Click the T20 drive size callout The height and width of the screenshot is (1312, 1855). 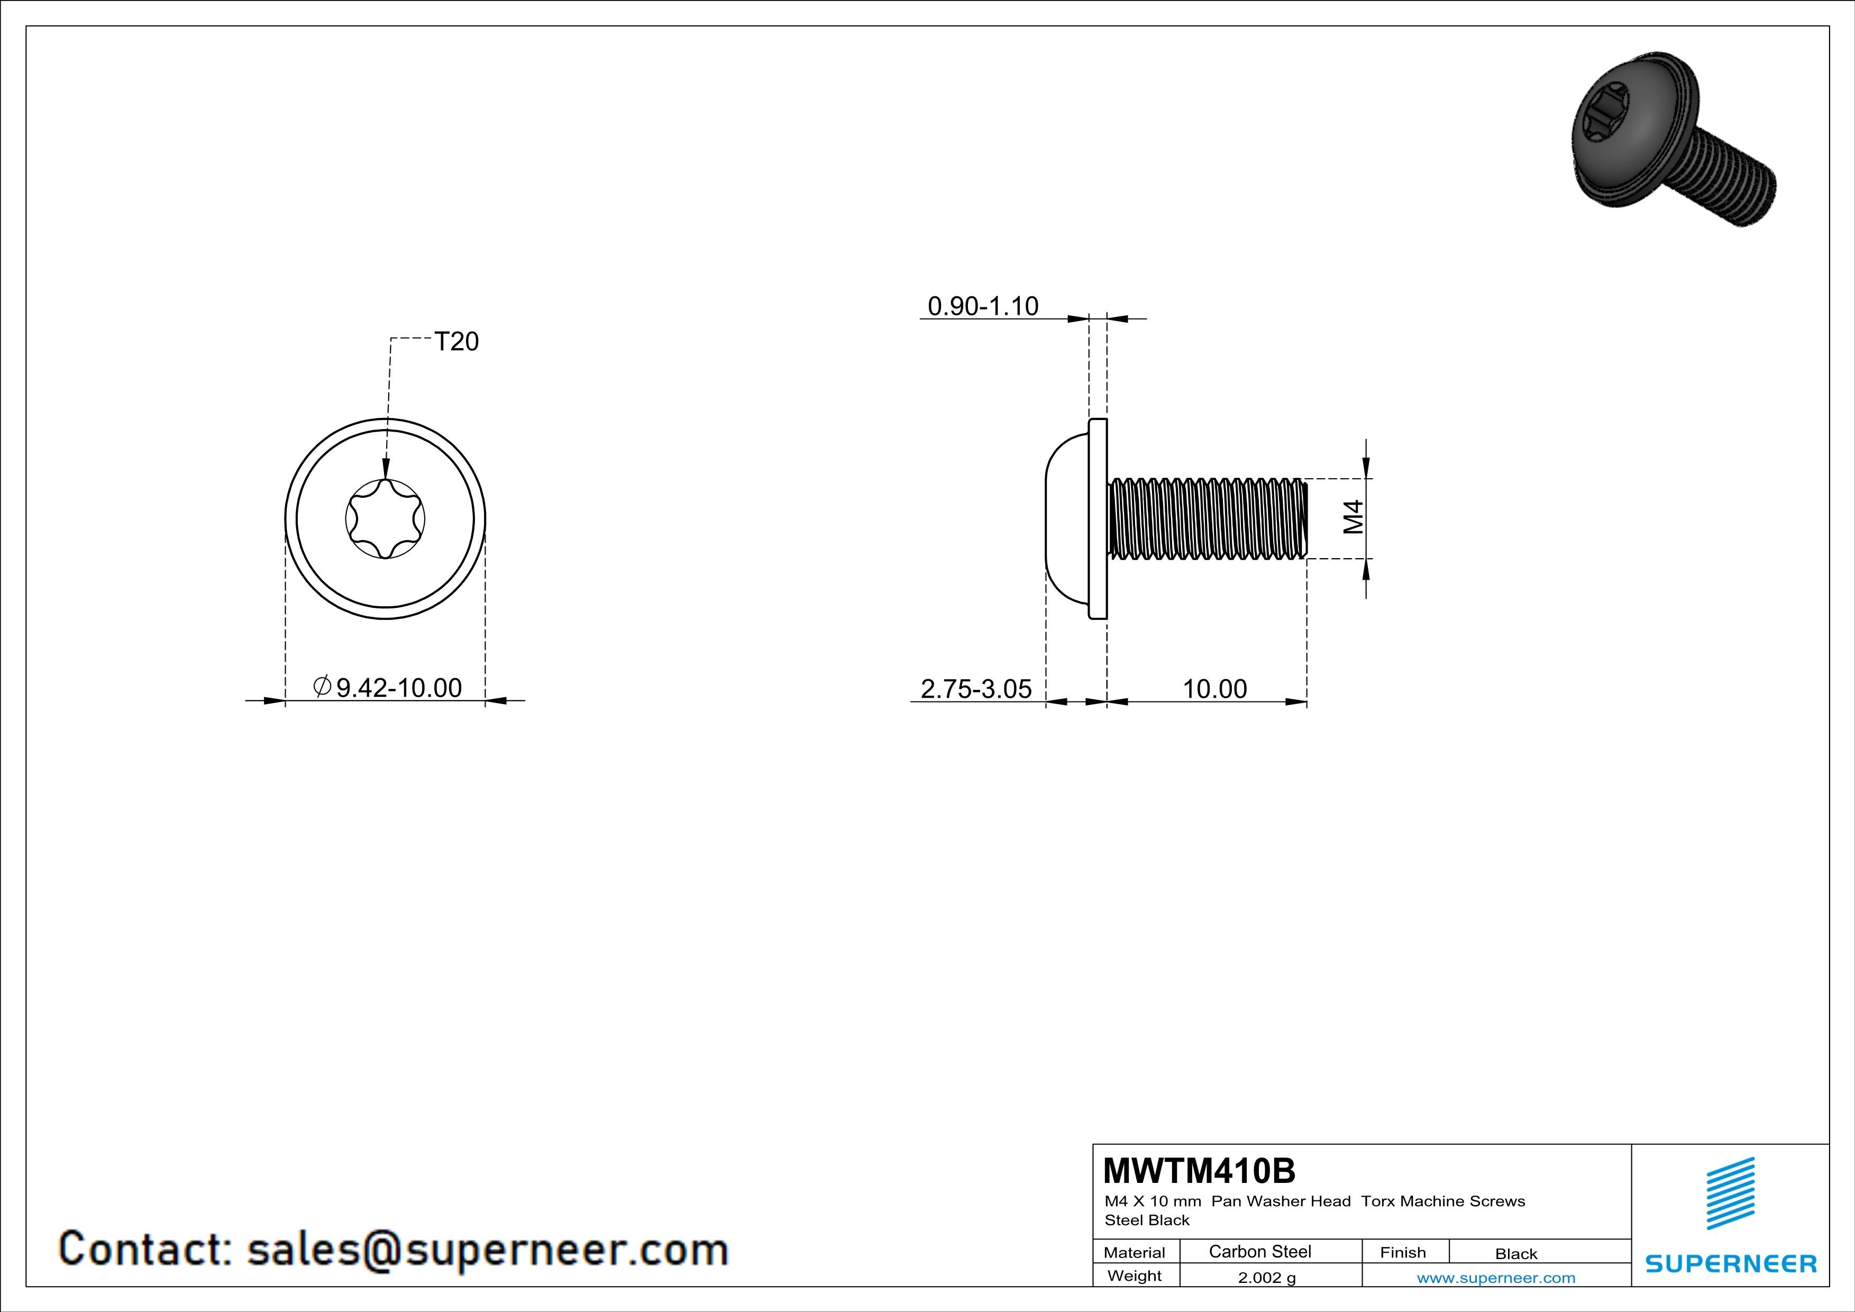click(x=456, y=342)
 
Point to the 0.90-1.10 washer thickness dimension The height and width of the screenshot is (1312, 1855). click(x=983, y=306)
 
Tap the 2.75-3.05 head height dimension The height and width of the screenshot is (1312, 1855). click(x=976, y=689)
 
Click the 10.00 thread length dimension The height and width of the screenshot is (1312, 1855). click(x=1214, y=689)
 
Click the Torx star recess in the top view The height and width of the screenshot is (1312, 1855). click(x=386, y=518)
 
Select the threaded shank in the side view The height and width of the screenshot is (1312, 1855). click(x=1207, y=518)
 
